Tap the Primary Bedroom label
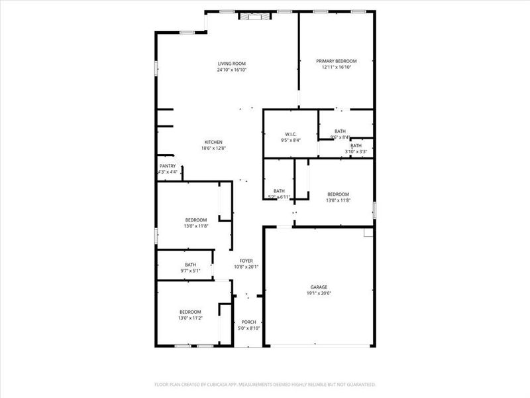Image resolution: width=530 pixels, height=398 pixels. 336,61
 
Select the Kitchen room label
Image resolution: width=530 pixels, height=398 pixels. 213,142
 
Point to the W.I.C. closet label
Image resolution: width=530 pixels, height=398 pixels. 291,133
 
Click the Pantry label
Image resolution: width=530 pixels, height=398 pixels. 168,166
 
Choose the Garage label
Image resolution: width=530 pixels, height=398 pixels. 319,287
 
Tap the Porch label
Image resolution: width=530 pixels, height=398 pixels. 248,322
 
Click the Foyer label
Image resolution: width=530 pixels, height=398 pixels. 246,261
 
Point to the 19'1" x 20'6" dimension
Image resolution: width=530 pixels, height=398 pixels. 319,293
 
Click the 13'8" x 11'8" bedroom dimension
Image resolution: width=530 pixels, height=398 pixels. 338,200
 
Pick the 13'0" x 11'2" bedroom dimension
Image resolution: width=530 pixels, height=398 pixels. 190,318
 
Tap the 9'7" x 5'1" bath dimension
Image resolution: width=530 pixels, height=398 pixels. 191,271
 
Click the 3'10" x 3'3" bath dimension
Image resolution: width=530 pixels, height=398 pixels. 356,152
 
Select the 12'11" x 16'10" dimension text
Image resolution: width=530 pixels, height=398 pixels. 336,67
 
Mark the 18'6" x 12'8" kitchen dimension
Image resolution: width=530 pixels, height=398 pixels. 213,148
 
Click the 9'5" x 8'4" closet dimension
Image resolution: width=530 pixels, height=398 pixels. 291,139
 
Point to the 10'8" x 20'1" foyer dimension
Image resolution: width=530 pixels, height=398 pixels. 246,267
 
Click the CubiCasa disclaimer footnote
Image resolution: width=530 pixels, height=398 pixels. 265,384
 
